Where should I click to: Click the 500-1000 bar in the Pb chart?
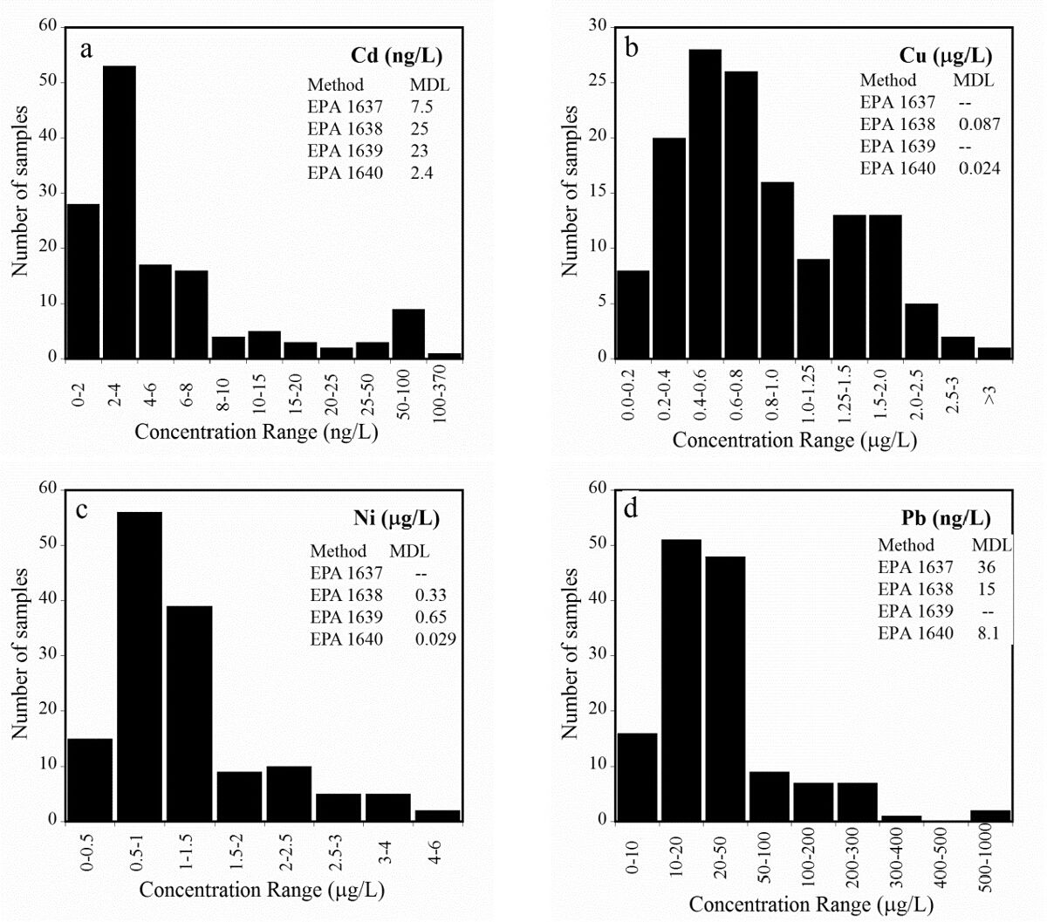(x=991, y=816)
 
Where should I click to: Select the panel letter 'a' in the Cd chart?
(x=86, y=49)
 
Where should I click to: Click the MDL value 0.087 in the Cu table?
(x=980, y=124)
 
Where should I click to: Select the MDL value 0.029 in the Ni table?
(x=436, y=639)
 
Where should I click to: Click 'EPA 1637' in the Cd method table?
(x=345, y=107)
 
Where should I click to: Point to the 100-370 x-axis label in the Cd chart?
(x=445, y=393)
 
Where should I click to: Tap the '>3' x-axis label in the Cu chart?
(x=991, y=394)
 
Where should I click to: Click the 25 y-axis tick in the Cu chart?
(x=599, y=82)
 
